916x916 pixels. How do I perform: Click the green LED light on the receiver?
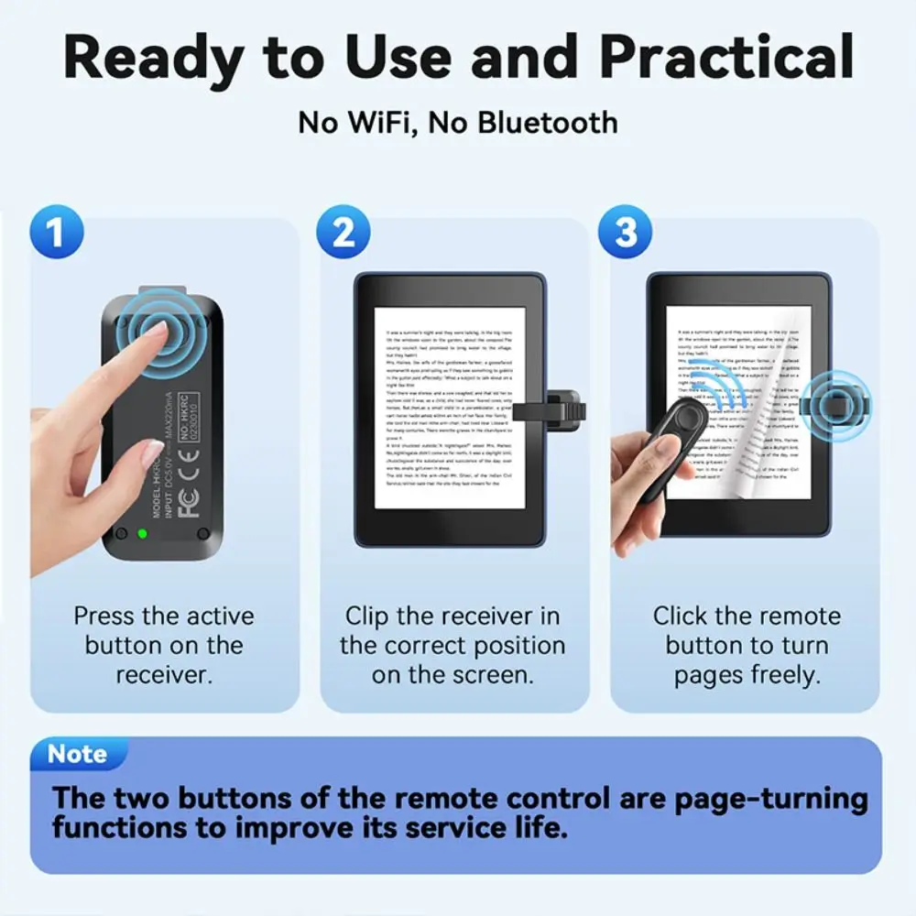tap(142, 533)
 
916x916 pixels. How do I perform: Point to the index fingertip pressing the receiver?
tap(156, 332)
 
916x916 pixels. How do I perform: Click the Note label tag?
tap(78, 754)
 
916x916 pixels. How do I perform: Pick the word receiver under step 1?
tap(163, 675)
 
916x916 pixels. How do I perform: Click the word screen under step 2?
tap(495, 675)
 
